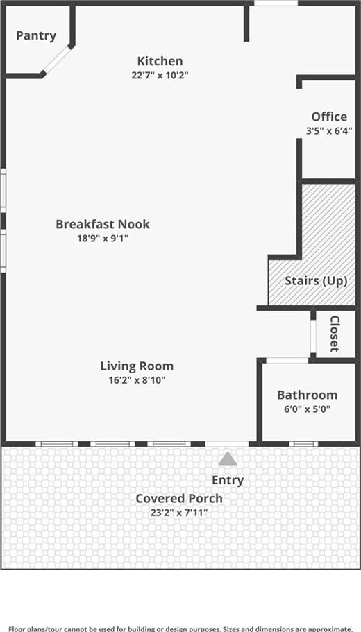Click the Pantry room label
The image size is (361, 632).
coord(36,36)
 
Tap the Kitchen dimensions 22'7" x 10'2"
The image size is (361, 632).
coord(160,75)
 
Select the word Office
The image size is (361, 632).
coord(329,117)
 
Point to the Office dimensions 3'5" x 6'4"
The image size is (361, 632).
coord(329,130)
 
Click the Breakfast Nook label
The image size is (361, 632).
coord(103,224)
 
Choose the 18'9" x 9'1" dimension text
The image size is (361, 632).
coord(103,238)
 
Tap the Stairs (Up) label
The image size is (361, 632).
coord(317,281)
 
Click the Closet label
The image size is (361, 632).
coord(335,334)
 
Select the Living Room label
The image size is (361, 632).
coord(137,366)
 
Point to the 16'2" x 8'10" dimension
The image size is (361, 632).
coord(137,379)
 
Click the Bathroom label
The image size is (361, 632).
coord(308,395)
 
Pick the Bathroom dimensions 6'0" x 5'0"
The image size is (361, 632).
coord(308,409)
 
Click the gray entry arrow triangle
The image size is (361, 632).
coord(228,459)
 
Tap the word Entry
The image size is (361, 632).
coord(228,481)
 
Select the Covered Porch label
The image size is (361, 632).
coord(179,499)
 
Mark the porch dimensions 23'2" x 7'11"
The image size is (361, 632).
coord(179,513)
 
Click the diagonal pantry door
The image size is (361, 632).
coord(58,60)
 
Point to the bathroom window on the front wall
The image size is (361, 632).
coord(303,444)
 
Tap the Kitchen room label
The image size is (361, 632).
coord(160,61)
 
